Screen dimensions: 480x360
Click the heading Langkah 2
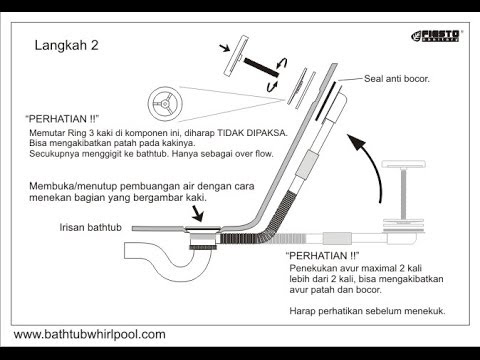coord(67,45)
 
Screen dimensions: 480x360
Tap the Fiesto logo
coord(436,36)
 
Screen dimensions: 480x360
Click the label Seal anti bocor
coord(397,79)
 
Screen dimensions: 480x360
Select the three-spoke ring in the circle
coord(165,104)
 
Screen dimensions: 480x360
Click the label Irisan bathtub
coord(90,227)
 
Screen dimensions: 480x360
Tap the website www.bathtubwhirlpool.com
coord(90,334)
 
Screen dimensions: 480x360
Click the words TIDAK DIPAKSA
coord(252,133)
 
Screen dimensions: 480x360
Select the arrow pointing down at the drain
coord(197,213)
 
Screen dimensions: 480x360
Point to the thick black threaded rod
coord(261,67)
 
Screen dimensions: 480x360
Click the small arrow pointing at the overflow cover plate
coord(225,48)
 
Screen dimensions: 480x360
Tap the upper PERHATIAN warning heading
coord(62,119)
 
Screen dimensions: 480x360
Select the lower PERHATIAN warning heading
coord(323,256)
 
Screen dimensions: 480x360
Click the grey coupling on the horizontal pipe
coord(337,238)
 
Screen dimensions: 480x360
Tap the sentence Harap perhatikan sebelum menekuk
coord(367,311)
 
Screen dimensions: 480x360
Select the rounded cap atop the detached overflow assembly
coord(404,164)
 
